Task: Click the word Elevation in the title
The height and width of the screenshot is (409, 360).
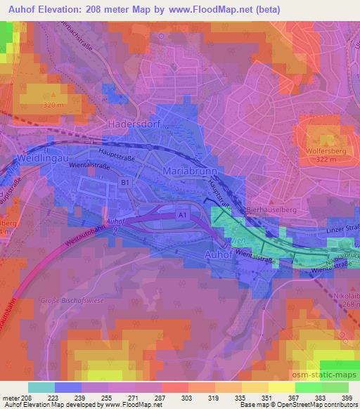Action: pos(64,10)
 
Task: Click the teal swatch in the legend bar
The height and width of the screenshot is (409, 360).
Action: pos(41,387)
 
